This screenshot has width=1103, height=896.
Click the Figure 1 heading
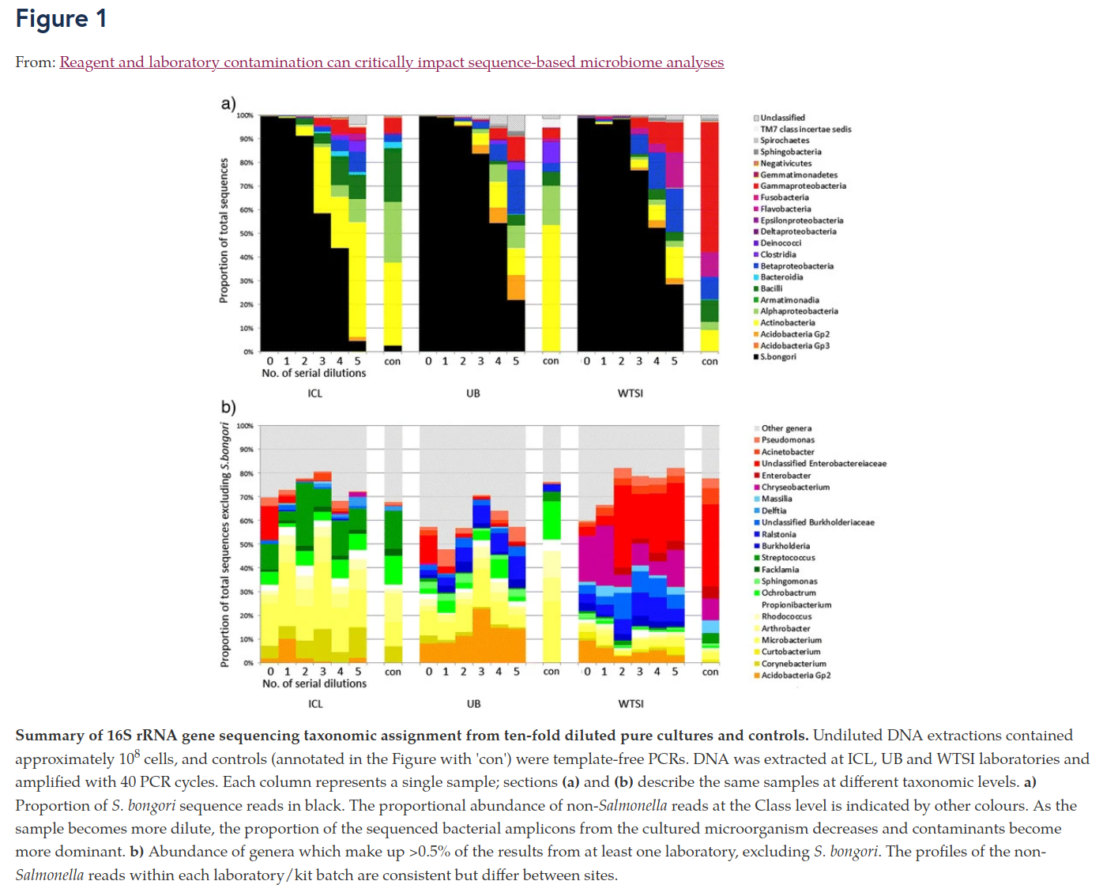61,19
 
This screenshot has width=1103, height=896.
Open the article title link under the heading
391,62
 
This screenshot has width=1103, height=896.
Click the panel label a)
228,104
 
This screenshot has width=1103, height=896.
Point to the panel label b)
228,407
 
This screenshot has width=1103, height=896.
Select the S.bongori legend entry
777,357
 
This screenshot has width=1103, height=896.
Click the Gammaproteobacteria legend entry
802,186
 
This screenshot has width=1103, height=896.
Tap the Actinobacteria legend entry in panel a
787,322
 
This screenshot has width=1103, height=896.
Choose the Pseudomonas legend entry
787,440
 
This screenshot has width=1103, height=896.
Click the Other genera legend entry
785,428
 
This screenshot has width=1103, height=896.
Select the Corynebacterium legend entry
793,664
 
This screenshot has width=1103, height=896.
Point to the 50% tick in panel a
247,234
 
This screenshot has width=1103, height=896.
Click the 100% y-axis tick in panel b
245,426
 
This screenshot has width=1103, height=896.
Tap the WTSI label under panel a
630,393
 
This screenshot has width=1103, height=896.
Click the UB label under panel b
473,703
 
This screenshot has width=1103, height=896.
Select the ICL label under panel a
314,393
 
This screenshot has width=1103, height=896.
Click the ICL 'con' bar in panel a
393,237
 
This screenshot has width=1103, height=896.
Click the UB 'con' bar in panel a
551,237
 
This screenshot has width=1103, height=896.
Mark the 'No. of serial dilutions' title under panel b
314,683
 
